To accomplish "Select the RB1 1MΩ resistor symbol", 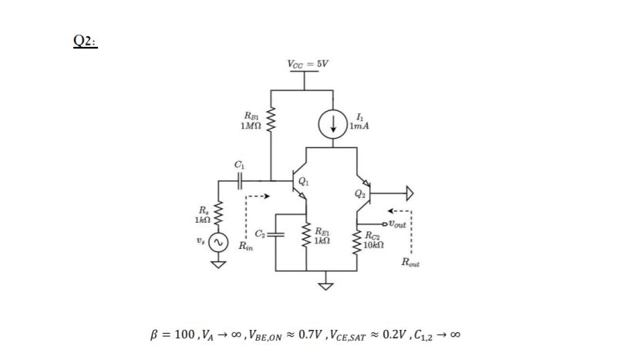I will pyautogui.click(x=271, y=121).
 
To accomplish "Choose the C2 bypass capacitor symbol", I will pyautogui.click(x=276, y=234).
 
